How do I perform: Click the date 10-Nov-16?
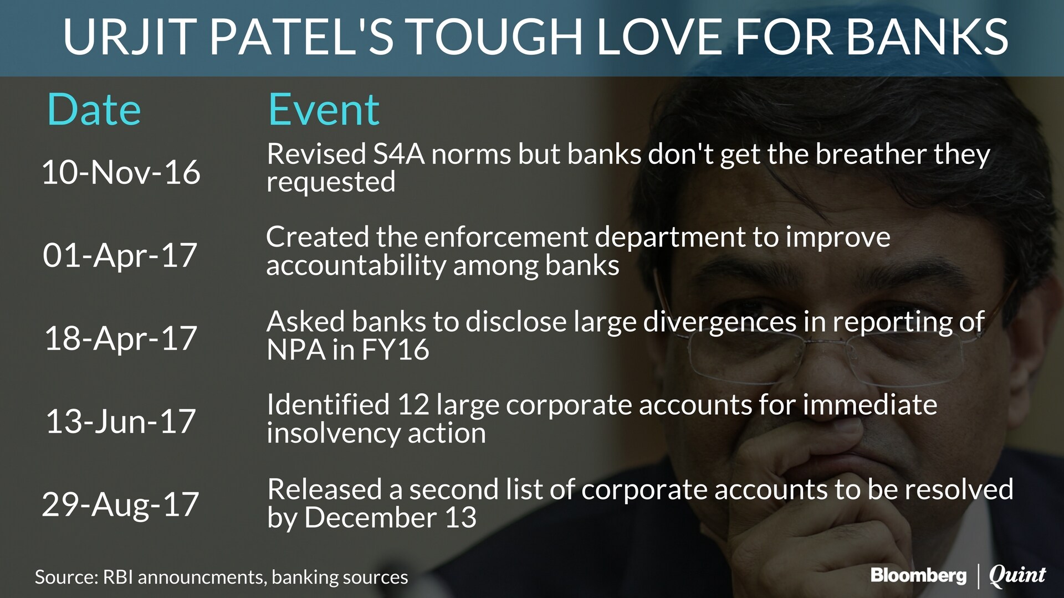pyautogui.click(x=121, y=172)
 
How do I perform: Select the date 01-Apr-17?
pyautogui.click(x=120, y=255)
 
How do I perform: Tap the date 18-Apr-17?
pyautogui.click(x=121, y=338)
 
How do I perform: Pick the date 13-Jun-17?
pyautogui.click(x=121, y=421)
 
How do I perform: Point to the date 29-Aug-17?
pyautogui.click(x=120, y=504)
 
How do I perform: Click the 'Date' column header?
pyautogui.click(x=94, y=110)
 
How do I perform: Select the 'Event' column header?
pyautogui.click(x=324, y=110)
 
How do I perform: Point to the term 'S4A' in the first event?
pyautogui.click(x=398, y=154)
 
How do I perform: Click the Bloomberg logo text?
pyautogui.click(x=918, y=575)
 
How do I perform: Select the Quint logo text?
pyautogui.click(x=1017, y=576)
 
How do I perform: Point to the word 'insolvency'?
pyautogui.click(x=333, y=434)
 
